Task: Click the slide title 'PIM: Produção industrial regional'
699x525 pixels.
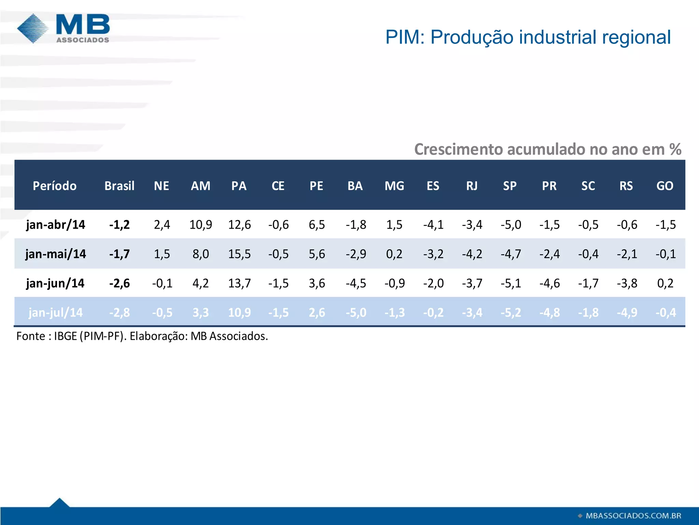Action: point(528,37)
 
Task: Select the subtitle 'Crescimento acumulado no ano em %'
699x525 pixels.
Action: point(547,149)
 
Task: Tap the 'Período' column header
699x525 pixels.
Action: point(55,186)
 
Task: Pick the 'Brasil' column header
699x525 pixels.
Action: point(119,186)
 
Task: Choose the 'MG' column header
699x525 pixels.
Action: point(394,186)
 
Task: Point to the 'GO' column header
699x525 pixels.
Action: point(665,186)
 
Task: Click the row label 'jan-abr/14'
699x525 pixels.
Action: point(56,225)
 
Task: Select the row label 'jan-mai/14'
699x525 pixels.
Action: point(56,254)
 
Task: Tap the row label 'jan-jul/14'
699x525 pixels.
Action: point(56,312)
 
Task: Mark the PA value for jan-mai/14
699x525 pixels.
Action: point(239,254)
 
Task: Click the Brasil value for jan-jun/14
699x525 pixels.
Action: point(119,283)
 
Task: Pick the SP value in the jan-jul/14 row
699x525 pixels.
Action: point(511,312)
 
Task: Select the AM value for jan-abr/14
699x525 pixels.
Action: point(201,225)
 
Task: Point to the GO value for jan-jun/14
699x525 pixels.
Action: point(665,283)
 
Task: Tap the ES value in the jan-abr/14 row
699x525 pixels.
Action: point(433,225)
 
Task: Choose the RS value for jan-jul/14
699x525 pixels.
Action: point(627,312)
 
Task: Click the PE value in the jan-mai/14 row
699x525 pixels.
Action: point(317,254)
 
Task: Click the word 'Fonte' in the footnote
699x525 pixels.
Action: point(31,336)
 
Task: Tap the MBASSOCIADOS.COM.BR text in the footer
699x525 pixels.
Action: point(633,516)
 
